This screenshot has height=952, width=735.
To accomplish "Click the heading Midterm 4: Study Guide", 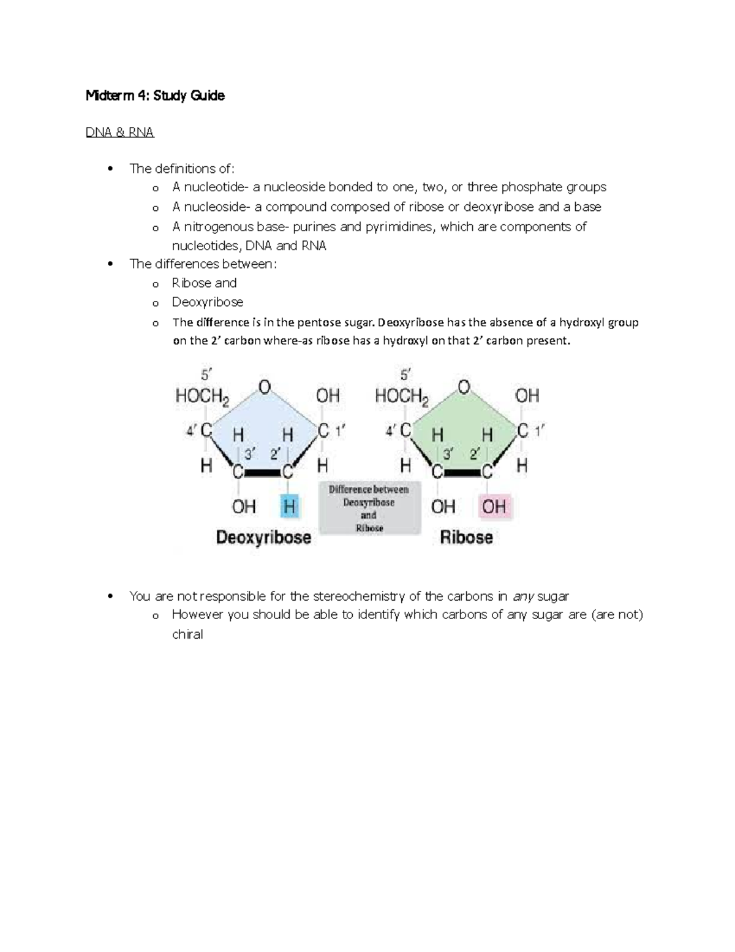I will tap(155, 96).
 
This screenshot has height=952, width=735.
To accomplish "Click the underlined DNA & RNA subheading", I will tap(120, 132).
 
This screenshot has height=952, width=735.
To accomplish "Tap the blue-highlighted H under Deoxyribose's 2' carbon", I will tap(289, 506).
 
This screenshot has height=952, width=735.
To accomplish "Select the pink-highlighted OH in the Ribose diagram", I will tap(494, 506).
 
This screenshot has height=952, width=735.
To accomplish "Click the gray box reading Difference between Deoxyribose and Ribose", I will tap(369, 508).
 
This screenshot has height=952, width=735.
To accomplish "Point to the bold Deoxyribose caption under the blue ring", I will tap(263, 538).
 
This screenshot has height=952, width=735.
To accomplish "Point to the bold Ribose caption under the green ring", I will tap(466, 538).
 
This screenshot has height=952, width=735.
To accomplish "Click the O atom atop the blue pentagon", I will tap(265, 387).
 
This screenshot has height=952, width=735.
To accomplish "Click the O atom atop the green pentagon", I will tap(464, 387).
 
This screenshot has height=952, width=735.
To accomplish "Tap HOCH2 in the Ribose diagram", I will tap(402, 397).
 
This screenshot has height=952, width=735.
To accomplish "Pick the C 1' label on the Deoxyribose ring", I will tap(331, 432).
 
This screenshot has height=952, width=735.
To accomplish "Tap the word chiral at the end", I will tap(187, 634).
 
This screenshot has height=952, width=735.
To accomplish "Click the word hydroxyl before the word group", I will tap(589, 322).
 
